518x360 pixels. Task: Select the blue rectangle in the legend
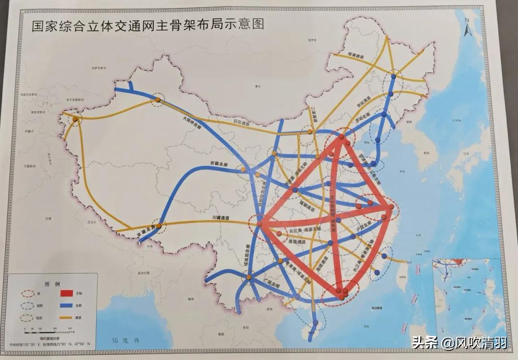click(66, 305)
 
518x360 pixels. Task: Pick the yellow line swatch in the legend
click(66, 317)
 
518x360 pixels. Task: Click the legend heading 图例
click(51, 283)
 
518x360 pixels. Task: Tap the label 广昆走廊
click(272, 281)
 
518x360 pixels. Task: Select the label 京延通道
click(363, 102)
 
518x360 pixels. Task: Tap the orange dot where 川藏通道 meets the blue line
click(159, 223)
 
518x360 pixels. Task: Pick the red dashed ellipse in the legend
click(28, 292)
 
